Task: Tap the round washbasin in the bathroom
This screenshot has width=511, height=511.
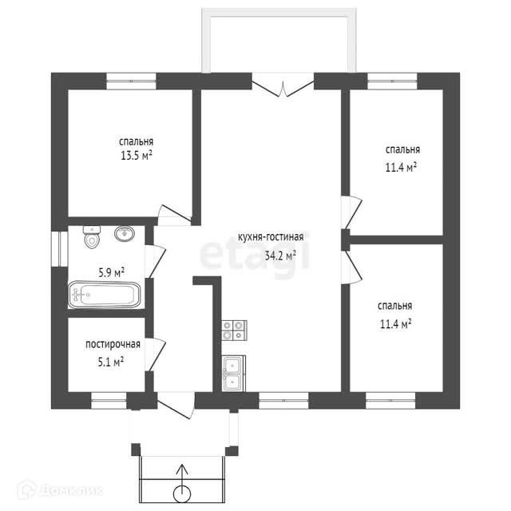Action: [125, 234]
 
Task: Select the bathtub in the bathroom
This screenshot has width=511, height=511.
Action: [104, 295]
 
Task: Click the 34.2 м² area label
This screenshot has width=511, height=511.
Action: [280, 256]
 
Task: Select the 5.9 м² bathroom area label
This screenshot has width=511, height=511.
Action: [111, 273]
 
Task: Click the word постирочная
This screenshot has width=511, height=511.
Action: [113, 345]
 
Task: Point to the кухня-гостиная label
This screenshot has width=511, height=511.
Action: [271, 238]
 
